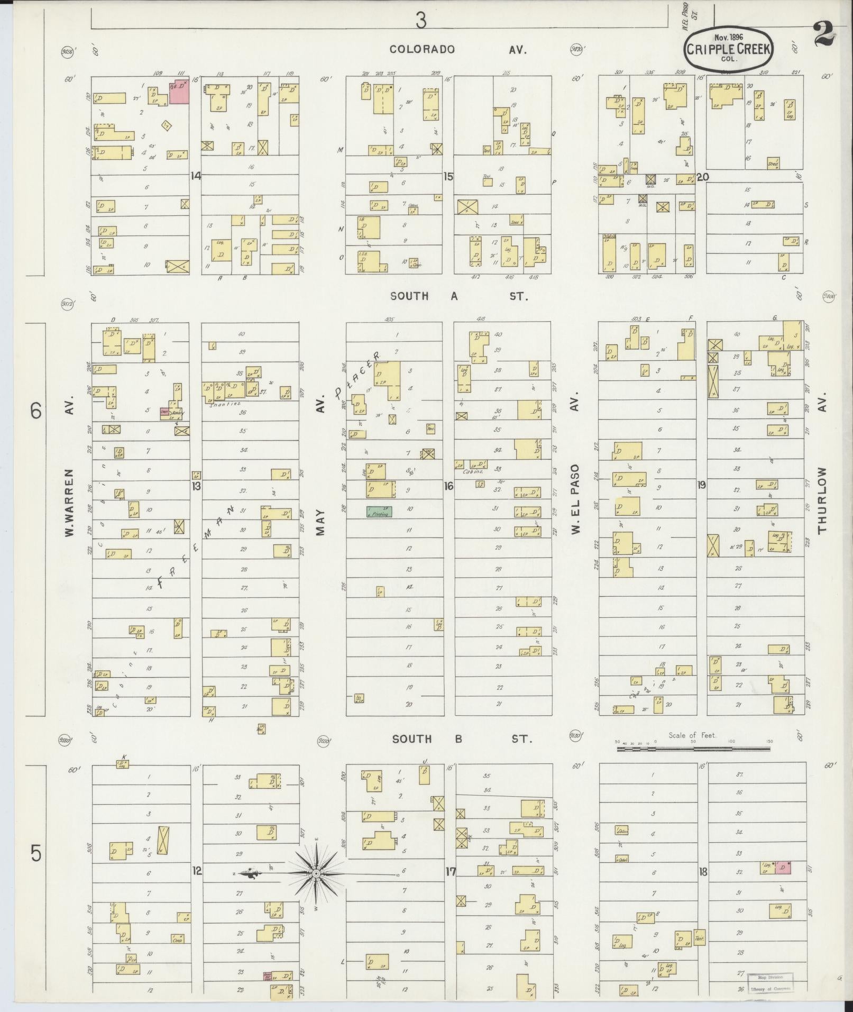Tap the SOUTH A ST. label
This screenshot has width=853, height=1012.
point(458,297)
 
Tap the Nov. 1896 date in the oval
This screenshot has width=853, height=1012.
point(728,38)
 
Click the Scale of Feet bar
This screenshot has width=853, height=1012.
point(693,749)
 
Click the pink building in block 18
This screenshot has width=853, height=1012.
point(783,868)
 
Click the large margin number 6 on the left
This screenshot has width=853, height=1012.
point(35,411)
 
